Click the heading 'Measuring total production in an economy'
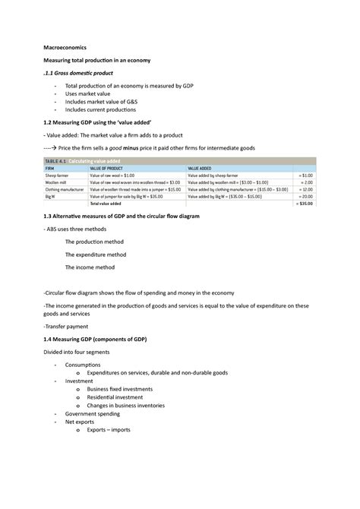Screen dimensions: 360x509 (x=101, y=60)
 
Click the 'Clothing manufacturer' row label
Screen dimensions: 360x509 (x=68, y=189)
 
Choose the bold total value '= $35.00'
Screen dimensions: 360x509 (x=304, y=204)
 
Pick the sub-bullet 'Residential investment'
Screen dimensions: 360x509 (x=115, y=397)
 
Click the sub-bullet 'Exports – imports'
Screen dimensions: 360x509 (x=109, y=430)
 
